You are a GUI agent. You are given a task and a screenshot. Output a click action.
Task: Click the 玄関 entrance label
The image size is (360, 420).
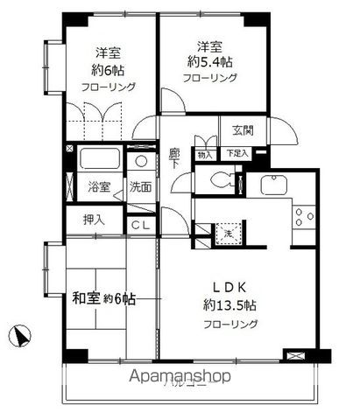[x=243, y=131]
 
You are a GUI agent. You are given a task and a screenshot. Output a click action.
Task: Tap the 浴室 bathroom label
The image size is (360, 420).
[x=98, y=186]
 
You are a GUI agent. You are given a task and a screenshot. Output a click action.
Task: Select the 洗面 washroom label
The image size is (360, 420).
[x=139, y=186]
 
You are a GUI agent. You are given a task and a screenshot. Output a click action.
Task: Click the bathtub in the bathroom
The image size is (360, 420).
[x=99, y=160]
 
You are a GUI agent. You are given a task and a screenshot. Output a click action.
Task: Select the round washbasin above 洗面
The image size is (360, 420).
[x=141, y=161]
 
